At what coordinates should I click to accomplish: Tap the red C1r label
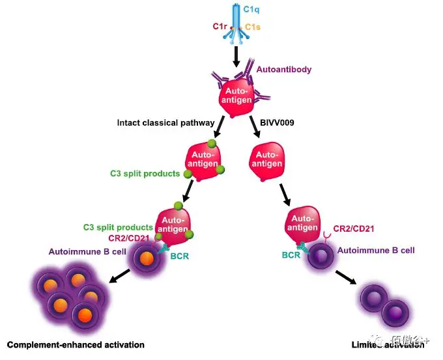click(220, 26)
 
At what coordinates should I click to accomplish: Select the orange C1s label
click(253, 27)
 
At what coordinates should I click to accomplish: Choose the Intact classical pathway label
click(166, 122)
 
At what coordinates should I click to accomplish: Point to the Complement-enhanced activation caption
click(76, 344)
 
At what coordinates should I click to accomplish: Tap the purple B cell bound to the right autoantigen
click(321, 255)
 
